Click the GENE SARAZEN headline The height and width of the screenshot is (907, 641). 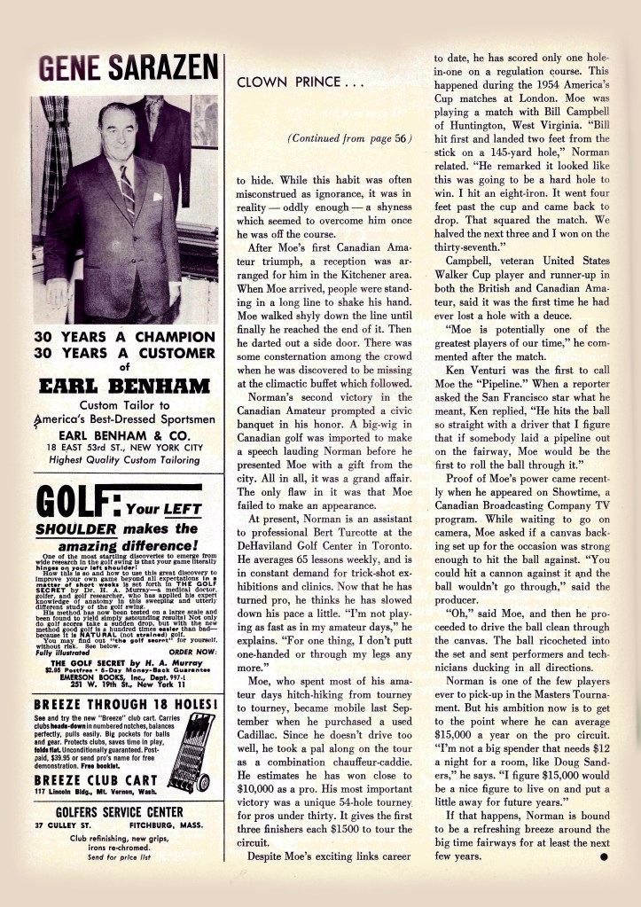pyautogui.click(x=128, y=67)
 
